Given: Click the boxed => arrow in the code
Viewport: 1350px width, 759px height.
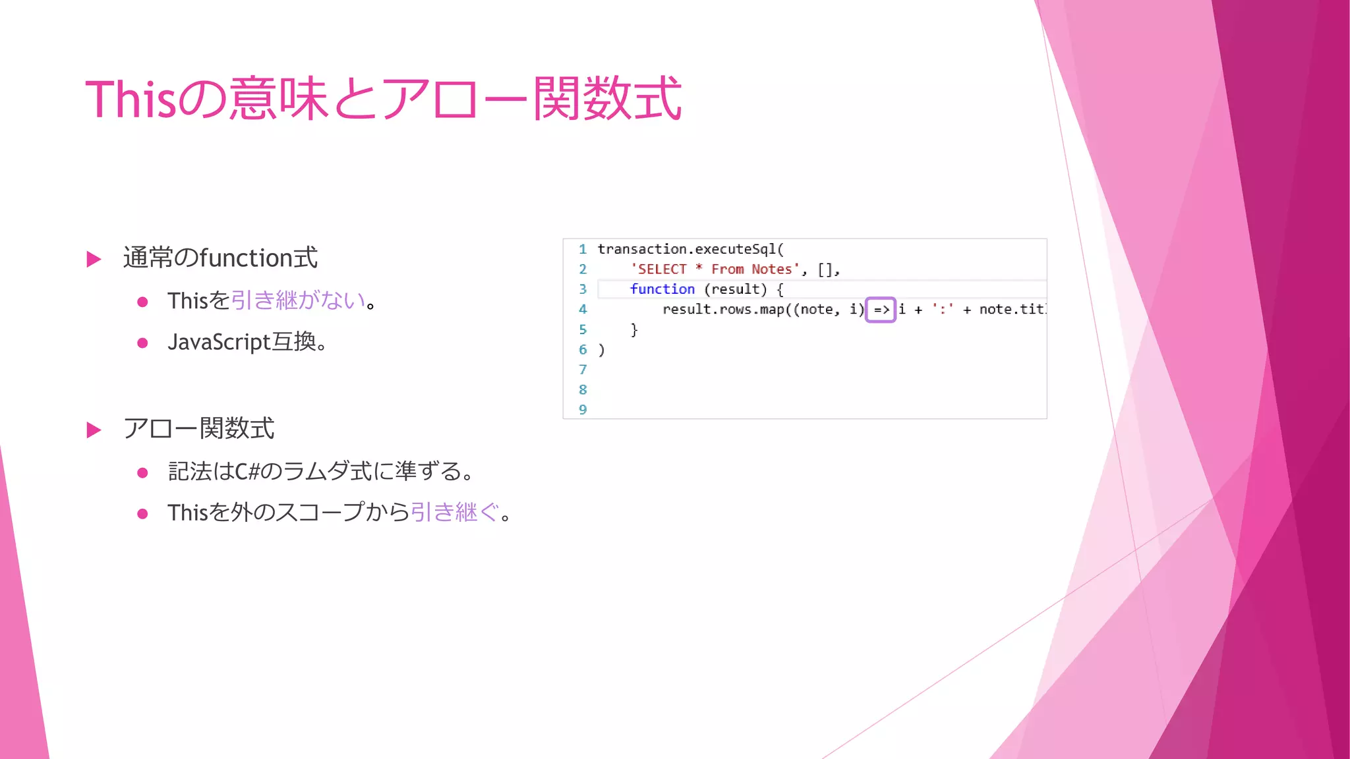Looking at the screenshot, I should click(x=881, y=310).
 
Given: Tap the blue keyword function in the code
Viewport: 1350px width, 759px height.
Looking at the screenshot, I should click(x=662, y=289).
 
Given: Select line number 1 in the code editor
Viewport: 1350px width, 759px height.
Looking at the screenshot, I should click(x=583, y=249).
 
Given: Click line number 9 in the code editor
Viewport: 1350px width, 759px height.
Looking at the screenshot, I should click(x=583, y=410).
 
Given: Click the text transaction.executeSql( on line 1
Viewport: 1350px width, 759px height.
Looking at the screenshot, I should click(x=690, y=249).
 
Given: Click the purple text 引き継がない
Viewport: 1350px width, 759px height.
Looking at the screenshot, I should click(x=298, y=300).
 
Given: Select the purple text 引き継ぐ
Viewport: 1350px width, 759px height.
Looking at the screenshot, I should click(x=455, y=512).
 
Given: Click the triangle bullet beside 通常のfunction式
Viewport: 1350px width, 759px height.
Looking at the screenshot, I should click(x=94, y=259).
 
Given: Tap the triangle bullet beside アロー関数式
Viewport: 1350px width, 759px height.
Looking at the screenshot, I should click(x=94, y=430).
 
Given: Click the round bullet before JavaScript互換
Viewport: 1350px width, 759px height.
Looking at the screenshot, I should click(x=142, y=343).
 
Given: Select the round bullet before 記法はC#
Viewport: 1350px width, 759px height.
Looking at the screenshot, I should click(x=142, y=472).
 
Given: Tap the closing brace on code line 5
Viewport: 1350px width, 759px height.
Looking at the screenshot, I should click(x=634, y=329).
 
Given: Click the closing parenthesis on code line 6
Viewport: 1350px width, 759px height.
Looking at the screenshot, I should click(x=601, y=350).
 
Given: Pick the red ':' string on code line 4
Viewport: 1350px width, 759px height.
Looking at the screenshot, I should click(x=943, y=310).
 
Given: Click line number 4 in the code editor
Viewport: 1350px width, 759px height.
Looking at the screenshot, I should click(x=583, y=310).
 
